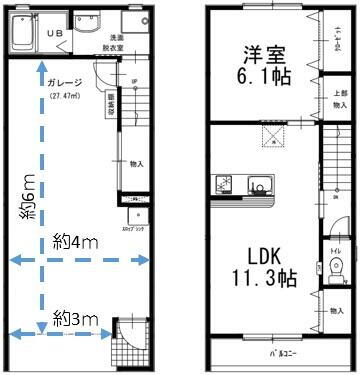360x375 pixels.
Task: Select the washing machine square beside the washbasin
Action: tap(133, 23)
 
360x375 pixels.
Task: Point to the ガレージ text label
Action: tap(64, 82)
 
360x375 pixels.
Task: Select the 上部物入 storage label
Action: tap(340, 99)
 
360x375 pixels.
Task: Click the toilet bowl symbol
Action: tap(335, 266)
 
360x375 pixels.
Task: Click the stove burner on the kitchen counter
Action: tap(223, 184)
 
